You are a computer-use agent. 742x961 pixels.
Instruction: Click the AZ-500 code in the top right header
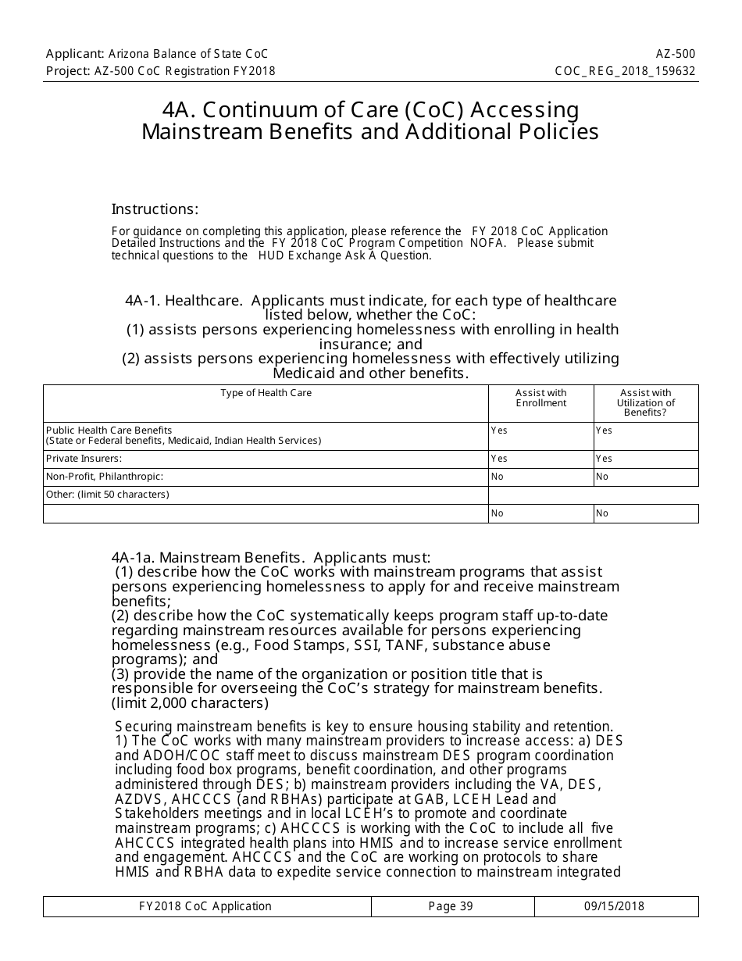coord(676,54)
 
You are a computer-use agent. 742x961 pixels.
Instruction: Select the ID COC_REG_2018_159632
coord(625,71)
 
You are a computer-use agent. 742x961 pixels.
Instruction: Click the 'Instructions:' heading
coord(155,209)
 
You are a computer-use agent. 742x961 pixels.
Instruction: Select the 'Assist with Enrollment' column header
coord(541,398)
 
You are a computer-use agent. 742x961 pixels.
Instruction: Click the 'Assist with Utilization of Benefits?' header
coord(646,402)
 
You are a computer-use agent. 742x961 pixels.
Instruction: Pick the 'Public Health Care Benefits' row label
coord(109,430)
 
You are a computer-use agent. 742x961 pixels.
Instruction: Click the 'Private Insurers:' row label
coord(84,459)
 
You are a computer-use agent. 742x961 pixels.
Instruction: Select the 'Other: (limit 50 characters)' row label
coord(107,495)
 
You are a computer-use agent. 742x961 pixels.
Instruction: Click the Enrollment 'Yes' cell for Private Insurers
coord(499,459)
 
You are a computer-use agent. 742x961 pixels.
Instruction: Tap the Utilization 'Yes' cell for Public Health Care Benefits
coord(604,430)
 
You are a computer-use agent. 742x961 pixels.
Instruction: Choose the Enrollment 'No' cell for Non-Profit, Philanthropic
coord(497,477)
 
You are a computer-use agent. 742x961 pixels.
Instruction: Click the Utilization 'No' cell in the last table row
coord(602,513)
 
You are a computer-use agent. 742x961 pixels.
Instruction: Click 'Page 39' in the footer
coord(451,906)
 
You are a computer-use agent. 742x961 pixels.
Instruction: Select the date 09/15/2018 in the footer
coord(614,906)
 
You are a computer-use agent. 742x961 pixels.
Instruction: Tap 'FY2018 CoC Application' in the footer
coord(205,906)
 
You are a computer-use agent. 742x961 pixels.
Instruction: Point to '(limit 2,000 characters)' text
coord(190,702)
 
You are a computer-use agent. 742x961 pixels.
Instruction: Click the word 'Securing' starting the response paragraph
coord(142,726)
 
